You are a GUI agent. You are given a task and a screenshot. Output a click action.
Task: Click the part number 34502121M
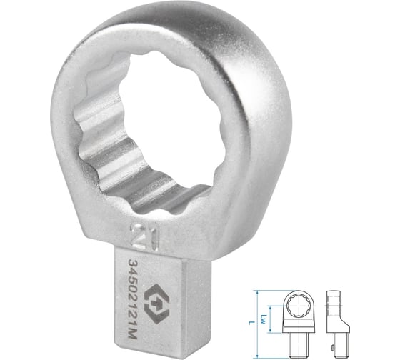click(133, 299)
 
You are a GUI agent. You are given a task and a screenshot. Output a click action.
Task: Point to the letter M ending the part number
click(133, 334)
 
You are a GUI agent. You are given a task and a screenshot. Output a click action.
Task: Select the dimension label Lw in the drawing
click(264, 319)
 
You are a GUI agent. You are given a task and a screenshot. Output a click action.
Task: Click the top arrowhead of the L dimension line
click(257, 292)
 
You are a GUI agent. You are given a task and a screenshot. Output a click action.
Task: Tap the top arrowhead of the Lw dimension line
click(271, 307)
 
